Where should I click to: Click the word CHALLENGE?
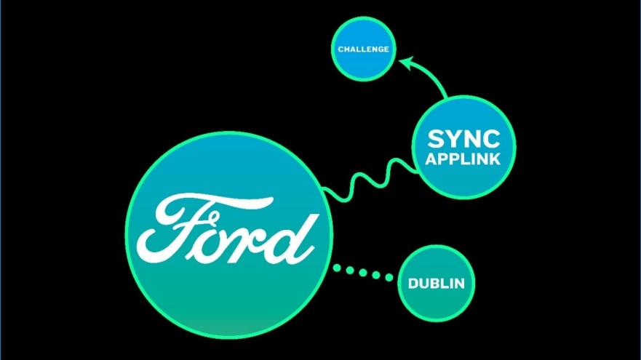tap(363, 49)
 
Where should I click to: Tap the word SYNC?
tap(463, 139)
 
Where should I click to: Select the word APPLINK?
tap(463, 159)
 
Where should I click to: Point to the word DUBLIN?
tap(436, 284)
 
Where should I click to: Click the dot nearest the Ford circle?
tap(338, 269)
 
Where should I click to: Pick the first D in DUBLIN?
tap(413, 284)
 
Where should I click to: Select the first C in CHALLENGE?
tap(341, 49)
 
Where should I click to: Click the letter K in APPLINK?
tap(495, 159)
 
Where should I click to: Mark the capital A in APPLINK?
tap(432, 159)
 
